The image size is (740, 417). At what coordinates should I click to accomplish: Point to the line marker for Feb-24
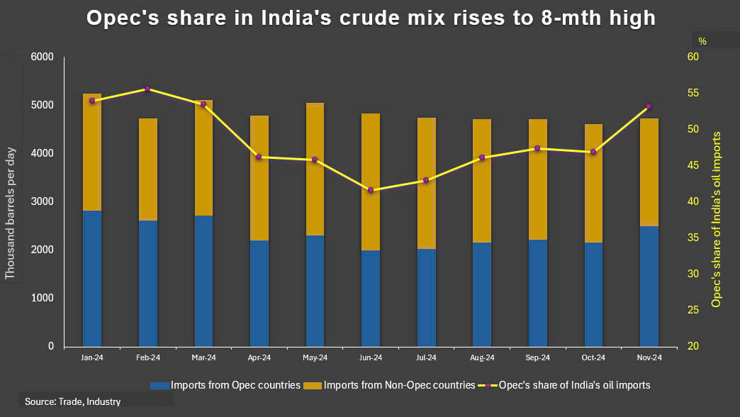pyautogui.click(x=147, y=89)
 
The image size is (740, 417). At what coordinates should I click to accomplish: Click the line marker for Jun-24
pyautogui.click(x=371, y=190)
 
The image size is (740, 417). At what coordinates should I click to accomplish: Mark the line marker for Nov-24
pyautogui.click(x=649, y=106)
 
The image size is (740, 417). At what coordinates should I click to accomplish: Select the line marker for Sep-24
pyautogui.click(x=538, y=148)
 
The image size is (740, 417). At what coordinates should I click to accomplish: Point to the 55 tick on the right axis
pyautogui.click(x=693, y=93)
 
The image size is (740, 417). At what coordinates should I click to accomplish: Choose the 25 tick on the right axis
pyautogui.click(x=693, y=310)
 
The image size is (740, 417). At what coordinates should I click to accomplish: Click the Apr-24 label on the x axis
pyautogui.click(x=259, y=358)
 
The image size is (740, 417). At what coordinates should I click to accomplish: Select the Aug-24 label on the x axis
pyautogui.click(x=482, y=358)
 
